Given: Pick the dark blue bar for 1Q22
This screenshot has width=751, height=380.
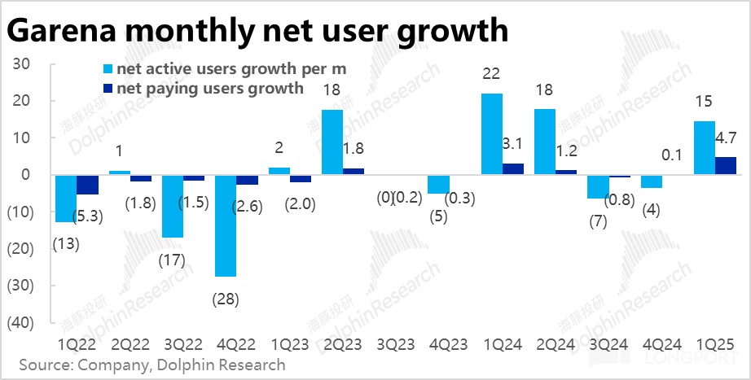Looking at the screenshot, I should (x=87, y=184).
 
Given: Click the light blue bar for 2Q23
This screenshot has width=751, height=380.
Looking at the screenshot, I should (x=332, y=142).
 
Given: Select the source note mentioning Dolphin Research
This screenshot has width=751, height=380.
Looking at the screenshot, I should (x=152, y=364).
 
